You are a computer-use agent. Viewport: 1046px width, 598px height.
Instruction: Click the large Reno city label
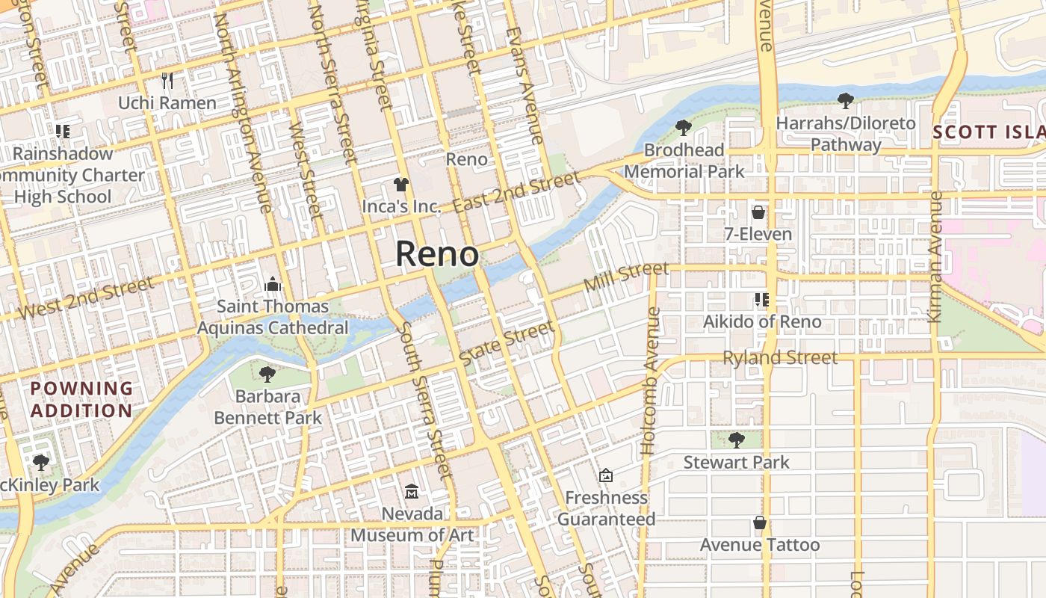(x=436, y=254)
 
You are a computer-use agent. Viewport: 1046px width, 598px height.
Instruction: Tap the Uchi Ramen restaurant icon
(x=167, y=80)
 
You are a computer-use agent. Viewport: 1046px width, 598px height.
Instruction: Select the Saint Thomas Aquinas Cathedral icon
(x=273, y=284)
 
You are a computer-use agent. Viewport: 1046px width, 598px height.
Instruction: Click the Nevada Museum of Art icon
(x=412, y=491)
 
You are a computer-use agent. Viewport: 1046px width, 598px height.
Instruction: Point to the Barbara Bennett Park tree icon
(x=267, y=374)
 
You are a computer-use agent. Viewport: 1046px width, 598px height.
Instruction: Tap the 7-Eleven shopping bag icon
(x=758, y=212)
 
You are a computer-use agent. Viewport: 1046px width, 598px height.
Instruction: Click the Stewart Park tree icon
(x=736, y=440)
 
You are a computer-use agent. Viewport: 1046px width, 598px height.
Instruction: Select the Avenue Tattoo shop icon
(x=759, y=523)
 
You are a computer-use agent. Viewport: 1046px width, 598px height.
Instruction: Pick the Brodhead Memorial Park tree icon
(x=683, y=128)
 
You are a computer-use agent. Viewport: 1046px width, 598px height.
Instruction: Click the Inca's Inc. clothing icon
(x=401, y=184)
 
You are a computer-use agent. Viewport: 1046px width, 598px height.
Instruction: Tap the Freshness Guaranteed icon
(x=606, y=475)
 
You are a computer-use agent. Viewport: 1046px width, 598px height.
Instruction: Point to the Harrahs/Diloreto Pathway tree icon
(x=846, y=100)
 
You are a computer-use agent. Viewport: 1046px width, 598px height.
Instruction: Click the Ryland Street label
(x=780, y=358)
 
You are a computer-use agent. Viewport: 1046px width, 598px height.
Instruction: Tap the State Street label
(x=507, y=343)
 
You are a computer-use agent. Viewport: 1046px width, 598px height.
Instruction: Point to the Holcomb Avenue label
(x=649, y=404)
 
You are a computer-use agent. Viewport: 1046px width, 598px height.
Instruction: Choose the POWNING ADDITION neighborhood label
(x=82, y=399)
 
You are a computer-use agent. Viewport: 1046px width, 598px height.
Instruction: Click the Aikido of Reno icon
(x=762, y=300)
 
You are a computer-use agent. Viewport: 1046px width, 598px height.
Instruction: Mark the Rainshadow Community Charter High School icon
(x=63, y=132)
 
